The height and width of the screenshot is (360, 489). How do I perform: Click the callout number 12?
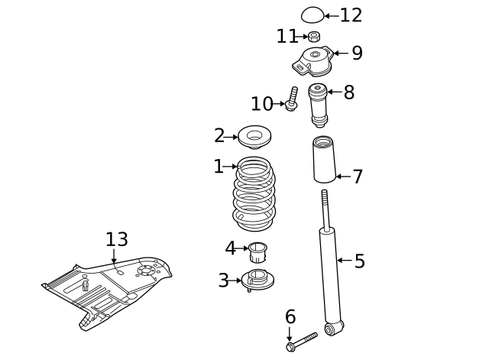pos(351,15)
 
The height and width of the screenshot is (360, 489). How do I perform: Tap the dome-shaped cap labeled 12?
pos(313,15)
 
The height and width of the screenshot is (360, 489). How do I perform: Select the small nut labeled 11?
pos(314,36)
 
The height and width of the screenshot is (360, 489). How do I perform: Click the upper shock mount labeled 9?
pos(313,60)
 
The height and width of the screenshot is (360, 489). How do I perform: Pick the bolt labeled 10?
pos(292,100)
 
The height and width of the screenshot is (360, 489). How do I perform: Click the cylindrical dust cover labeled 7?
pos(324,161)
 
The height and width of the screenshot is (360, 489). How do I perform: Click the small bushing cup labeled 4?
pos(257,250)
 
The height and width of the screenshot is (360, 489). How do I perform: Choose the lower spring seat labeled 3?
pos(257,280)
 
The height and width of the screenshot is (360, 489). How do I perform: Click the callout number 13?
pos(117,240)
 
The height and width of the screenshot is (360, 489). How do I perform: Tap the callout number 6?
pos(290,316)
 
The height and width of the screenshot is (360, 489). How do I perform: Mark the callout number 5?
pos(359,261)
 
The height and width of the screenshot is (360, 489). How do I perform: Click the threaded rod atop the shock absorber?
pos(325,207)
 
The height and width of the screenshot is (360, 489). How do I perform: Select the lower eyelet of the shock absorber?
pos(330,329)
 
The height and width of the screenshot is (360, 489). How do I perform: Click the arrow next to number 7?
pos(344,177)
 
